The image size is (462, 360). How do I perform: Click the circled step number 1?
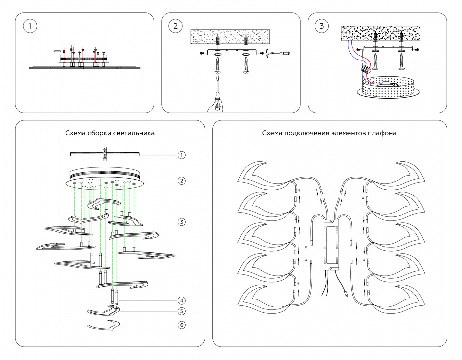tap(30, 26)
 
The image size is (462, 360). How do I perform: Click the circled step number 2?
tap(174, 26)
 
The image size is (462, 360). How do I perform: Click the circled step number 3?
tap(321, 26)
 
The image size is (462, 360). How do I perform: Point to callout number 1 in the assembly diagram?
tap(182, 155)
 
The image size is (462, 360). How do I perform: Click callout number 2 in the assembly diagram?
tap(182, 180)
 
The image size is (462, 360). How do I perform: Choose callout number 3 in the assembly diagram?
tap(182, 221)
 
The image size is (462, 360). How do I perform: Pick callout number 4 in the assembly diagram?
tap(182, 300)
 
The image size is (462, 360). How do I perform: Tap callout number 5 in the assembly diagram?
tap(182, 311)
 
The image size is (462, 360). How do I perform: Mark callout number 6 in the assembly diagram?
tap(182, 325)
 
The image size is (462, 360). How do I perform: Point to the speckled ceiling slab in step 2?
tap(230, 36)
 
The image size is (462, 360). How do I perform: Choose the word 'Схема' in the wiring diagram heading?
tap(272, 134)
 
